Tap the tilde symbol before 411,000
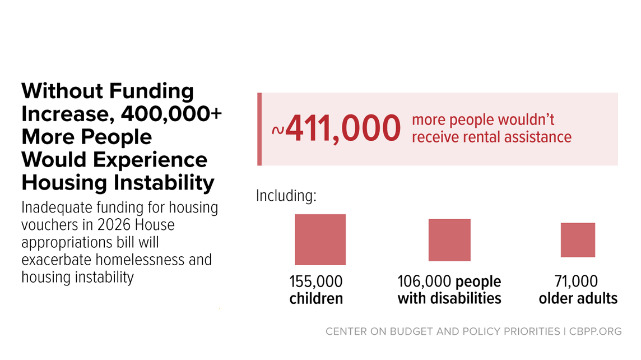pyautogui.click(x=278, y=130)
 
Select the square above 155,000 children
pyautogui.click(x=320, y=239)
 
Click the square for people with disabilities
pyautogui.click(x=449, y=240)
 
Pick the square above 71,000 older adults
pyautogui.click(x=578, y=240)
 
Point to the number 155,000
pyautogui.click(x=316, y=281)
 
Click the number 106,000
pyautogui.click(x=424, y=281)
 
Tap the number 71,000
pyautogui.click(x=576, y=281)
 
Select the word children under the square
pyautogui.click(x=316, y=299)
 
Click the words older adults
pyautogui.click(x=578, y=299)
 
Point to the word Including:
pyautogui.click(x=286, y=196)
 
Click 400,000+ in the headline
pyautogui.click(x=171, y=114)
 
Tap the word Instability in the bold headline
pyautogui.click(x=164, y=182)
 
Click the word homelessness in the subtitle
pyautogui.click(x=137, y=260)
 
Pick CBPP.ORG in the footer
pyautogui.click(x=595, y=331)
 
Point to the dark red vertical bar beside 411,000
pyautogui.click(x=259, y=130)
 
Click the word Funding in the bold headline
pyautogui.click(x=151, y=91)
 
